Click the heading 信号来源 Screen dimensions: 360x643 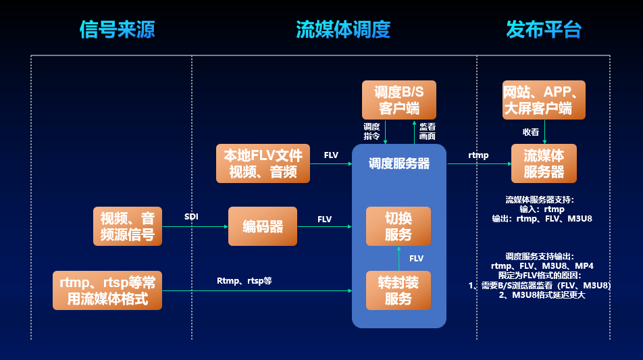click(118, 30)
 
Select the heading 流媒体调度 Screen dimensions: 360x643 click(343, 30)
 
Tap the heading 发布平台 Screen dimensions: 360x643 click(544, 30)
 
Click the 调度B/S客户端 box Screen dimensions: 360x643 click(398, 100)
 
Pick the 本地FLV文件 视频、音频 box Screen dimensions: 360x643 click(263, 163)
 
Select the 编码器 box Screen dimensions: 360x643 click(263, 226)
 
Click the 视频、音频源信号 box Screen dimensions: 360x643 click(128, 226)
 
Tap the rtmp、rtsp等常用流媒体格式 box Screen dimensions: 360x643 click(107, 290)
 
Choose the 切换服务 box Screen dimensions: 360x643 click(398, 226)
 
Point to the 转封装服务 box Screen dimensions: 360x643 click(398, 290)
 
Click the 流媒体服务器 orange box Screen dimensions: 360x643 click(544, 163)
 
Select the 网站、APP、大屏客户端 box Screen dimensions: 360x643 click(544, 100)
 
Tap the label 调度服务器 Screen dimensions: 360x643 click(398, 163)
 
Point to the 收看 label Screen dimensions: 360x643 click(531, 132)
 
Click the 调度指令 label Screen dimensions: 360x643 click(371, 131)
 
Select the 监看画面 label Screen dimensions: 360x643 click(427, 131)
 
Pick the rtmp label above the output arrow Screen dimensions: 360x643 click(478, 155)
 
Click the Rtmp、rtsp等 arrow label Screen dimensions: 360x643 click(244, 280)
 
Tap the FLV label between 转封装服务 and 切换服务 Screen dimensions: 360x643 click(416, 259)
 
